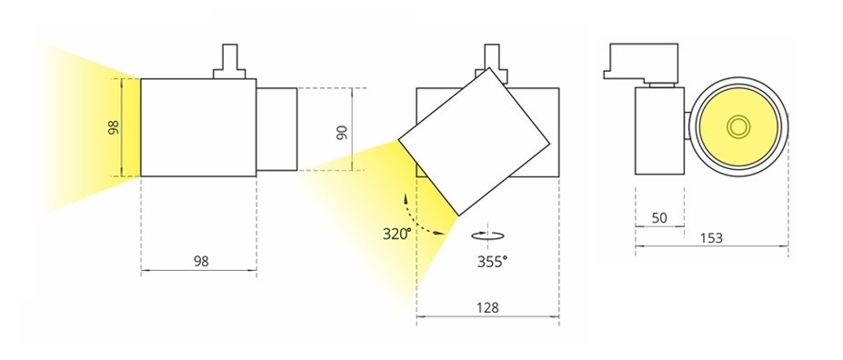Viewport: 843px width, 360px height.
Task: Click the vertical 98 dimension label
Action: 114,127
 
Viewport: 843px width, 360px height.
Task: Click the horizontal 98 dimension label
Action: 201,261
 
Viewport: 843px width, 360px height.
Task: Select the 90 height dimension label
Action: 342,132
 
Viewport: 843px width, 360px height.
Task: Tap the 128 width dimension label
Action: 487,308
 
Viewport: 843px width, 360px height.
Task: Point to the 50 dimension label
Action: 659,217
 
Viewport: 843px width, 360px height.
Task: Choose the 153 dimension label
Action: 712,237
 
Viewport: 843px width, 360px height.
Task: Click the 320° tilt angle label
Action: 396,234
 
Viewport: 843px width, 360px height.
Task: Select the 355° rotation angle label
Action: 492,262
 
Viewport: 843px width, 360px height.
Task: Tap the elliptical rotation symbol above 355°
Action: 487,235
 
